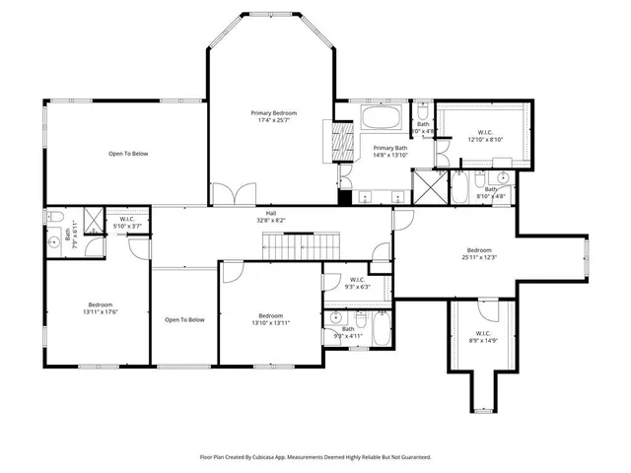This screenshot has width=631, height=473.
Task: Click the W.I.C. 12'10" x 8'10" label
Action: coord(484,135)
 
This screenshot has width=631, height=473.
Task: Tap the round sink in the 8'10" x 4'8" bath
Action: coord(501,178)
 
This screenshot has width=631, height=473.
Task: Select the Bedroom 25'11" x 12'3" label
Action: coord(479,254)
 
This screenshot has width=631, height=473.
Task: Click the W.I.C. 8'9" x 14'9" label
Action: coord(484,336)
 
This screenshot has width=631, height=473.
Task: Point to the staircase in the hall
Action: coord(319,242)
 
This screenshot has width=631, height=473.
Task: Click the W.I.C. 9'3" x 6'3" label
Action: coord(356,284)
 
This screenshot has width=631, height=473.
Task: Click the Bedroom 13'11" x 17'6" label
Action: coord(101,308)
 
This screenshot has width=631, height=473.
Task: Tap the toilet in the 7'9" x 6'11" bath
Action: coord(56,218)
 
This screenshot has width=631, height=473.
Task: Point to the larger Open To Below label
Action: coord(128,154)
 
